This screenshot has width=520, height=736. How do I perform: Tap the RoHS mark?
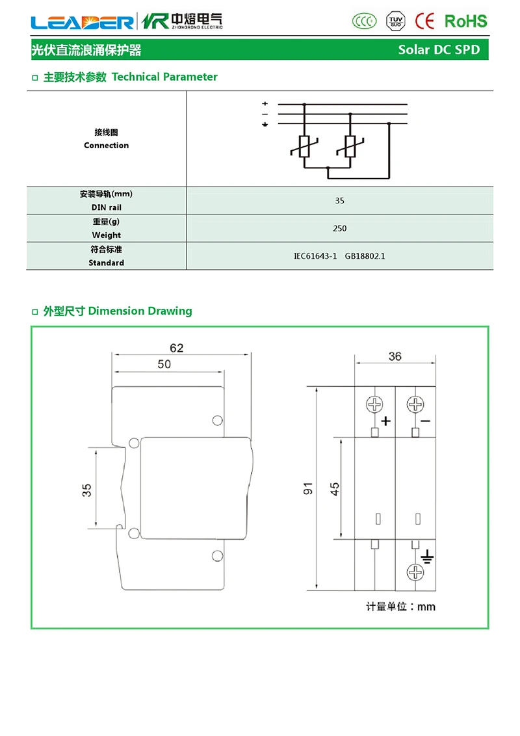coord(465,21)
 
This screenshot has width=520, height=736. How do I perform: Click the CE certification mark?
coord(424,21)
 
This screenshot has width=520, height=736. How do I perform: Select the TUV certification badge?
coord(395,21)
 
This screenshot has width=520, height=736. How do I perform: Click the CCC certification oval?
coord(364,21)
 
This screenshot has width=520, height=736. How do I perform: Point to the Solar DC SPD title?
coord(439,49)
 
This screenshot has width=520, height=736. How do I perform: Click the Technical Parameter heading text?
coord(164,77)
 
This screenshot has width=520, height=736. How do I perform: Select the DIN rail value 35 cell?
coord(339,201)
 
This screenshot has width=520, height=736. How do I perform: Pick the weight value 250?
coord(339,228)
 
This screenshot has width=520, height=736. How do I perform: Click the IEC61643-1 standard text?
coord(315,256)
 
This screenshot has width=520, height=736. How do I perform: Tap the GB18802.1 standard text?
coord(365,256)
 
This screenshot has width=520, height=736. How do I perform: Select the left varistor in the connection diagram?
coord(304,147)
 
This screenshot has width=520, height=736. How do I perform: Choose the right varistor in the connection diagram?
coord(350,147)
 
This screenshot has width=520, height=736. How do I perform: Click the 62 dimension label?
coord(176,348)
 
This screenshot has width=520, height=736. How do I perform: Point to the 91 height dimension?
coord(309,488)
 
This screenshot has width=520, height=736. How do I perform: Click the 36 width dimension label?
coord(395,356)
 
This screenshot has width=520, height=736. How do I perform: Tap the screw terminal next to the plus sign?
coord(375,404)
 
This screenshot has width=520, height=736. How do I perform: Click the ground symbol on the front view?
coord(426,557)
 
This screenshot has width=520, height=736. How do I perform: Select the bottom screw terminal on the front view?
coord(415,572)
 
